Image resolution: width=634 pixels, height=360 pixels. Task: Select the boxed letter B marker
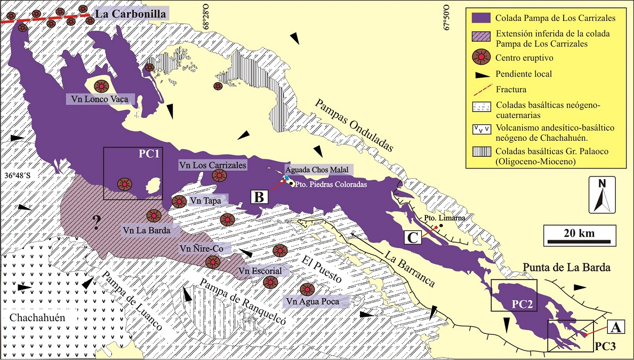pos(259,197)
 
